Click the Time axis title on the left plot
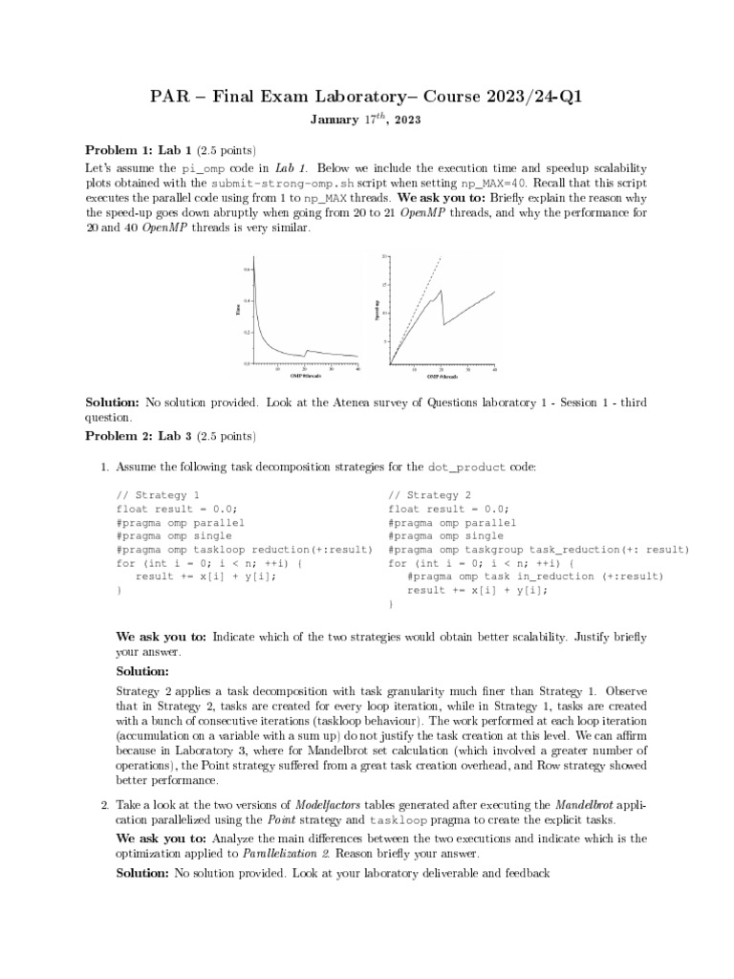[238, 309]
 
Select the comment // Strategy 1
[158, 495]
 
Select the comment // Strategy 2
[429, 495]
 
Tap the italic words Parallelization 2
[286, 852]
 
